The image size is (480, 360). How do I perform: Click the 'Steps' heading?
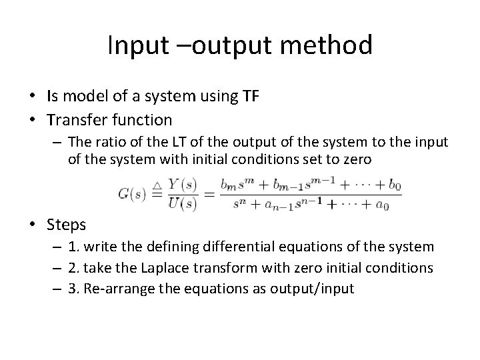(67, 225)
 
